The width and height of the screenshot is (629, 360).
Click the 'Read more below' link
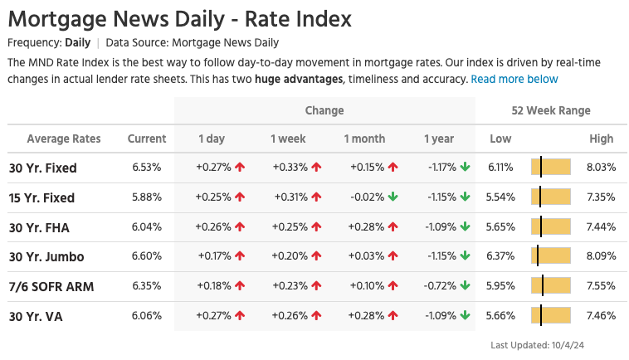[x=514, y=79]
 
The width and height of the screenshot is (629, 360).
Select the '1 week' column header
[x=288, y=139]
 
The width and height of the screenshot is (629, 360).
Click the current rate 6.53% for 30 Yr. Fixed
[x=147, y=168]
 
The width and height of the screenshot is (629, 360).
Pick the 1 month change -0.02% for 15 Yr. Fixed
[x=367, y=197]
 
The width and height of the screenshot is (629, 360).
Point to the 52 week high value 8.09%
[x=601, y=257]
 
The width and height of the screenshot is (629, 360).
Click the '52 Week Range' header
[x=551, y=110]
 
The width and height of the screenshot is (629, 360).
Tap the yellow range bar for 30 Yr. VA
[x=551, y=316]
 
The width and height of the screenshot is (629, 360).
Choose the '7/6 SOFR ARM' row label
[x=51, y=287]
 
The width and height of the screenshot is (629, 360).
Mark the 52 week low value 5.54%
[x=500, y=197]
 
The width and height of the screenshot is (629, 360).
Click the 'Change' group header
[x=324, y=110]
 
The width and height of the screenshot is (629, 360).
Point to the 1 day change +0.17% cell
[x=215, y=257]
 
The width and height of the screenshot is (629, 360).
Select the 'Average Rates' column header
[x=58, y=139]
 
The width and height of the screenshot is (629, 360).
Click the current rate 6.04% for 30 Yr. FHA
[x=147, y=227]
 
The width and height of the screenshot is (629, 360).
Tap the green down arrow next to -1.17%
[x=466, y=168]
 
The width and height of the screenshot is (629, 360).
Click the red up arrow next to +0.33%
[x=316, y=168]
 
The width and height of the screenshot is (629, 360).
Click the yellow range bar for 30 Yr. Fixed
[x=551, y=168]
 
